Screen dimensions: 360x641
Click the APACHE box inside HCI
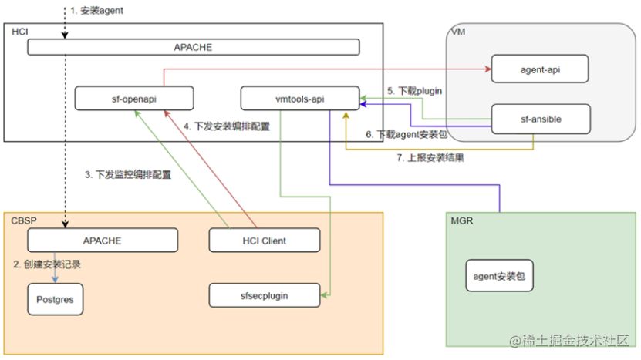pos(194,47)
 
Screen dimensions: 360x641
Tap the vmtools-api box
pos(299,98)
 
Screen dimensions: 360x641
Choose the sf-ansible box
pos(541,119)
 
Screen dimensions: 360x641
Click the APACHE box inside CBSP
pos(103,241)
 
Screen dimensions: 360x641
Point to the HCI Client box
pos(264,241)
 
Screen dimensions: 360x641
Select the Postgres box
pos(55,298)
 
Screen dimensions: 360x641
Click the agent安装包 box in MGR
pos(499,275)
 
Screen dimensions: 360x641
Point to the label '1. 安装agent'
pos(96,11)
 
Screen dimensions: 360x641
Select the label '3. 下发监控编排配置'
pos(127,175)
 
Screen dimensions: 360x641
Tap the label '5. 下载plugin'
pos(415,91)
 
